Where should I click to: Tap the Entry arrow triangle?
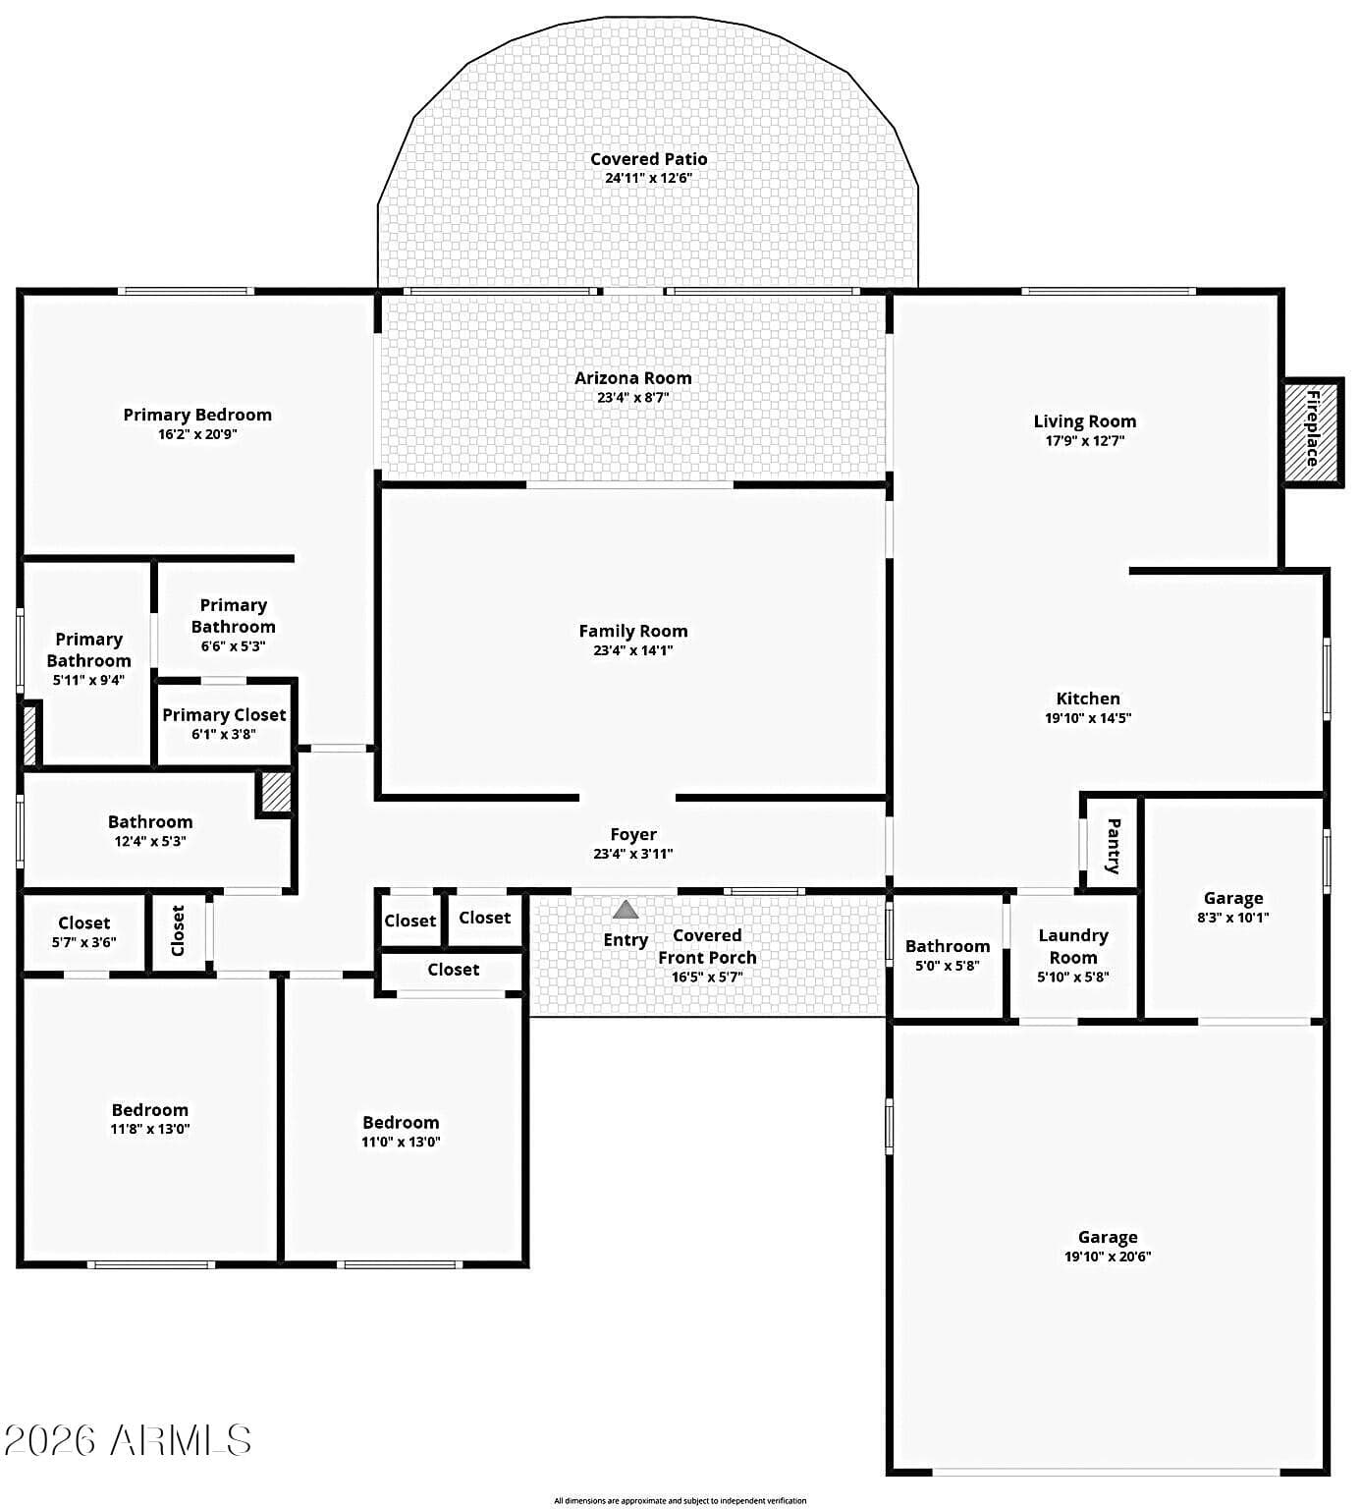click(626, 910)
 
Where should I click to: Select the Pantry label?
click(1114, 846)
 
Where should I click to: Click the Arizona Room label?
click(633, 378)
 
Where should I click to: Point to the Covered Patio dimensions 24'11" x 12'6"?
click(649, 179)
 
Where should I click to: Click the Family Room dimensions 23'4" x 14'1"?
click(633, 650)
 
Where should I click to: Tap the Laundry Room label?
click(1073, 947)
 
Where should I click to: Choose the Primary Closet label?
click(224, 715)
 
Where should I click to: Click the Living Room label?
click(1085, 421)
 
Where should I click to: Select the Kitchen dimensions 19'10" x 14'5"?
click(1088, 718)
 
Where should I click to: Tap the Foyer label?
click(633, 835)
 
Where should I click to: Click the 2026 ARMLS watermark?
click(128, 1441)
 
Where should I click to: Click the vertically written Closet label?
click(178, 930)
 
